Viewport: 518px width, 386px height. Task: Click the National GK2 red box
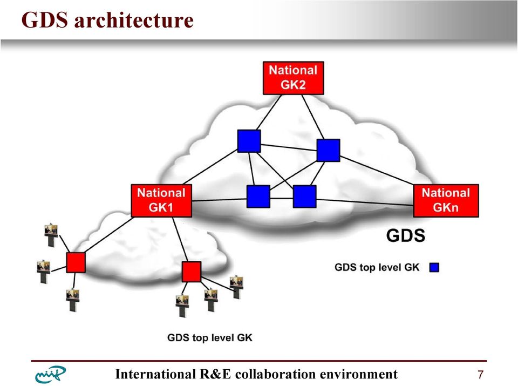pyautogui.click(x=293, y=78)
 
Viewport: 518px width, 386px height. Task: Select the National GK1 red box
pyautogui.click(x=161, y=201)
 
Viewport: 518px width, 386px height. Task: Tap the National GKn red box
pyautogui.click(x=446, y=201)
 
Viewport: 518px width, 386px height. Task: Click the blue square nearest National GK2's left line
pyautogui.click(x=249, y=141)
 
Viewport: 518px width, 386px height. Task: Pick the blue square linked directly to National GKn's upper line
pyautogui.click(x=328, y=151)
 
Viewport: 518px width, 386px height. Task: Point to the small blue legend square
pyautogui.click(x=434, y=267)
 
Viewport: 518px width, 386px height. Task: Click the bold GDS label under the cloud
pyautogui.click(x=405, y=235)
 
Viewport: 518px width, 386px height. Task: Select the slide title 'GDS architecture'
pyautogui.click(x=107, y=20)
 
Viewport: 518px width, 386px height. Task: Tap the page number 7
pyautogui.click(x=481, y=375)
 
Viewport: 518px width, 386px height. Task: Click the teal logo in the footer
pyautogui.click(x=50, y=375)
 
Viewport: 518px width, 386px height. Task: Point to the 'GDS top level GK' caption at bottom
pyautogui.click(x=210, y=338)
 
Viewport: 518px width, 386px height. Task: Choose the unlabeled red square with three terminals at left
pyautogui.click(x=76, y=262)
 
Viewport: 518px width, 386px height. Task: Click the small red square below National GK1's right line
pyautogui.click(x=191, y=272)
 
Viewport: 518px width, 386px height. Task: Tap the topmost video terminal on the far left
pyautogui.click(x=51, y=235)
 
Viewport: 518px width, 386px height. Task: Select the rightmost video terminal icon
pyautogui.click(x=236, y=287)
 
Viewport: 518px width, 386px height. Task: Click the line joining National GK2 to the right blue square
pyautogui.click(x=312, y=117)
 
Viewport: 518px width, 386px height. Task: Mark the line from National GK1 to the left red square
pyautogui.click(x=109, y=235)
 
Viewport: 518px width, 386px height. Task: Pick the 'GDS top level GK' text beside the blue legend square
pyautogui.click(x=377, y=267)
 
